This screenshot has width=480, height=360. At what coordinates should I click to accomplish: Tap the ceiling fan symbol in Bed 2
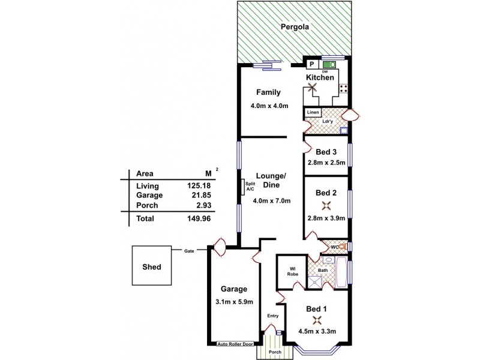(x=326, y=206)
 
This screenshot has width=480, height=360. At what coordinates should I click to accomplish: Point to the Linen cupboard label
(x=313, y=112)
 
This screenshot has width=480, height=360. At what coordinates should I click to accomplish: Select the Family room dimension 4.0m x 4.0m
(x=270, y=106)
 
